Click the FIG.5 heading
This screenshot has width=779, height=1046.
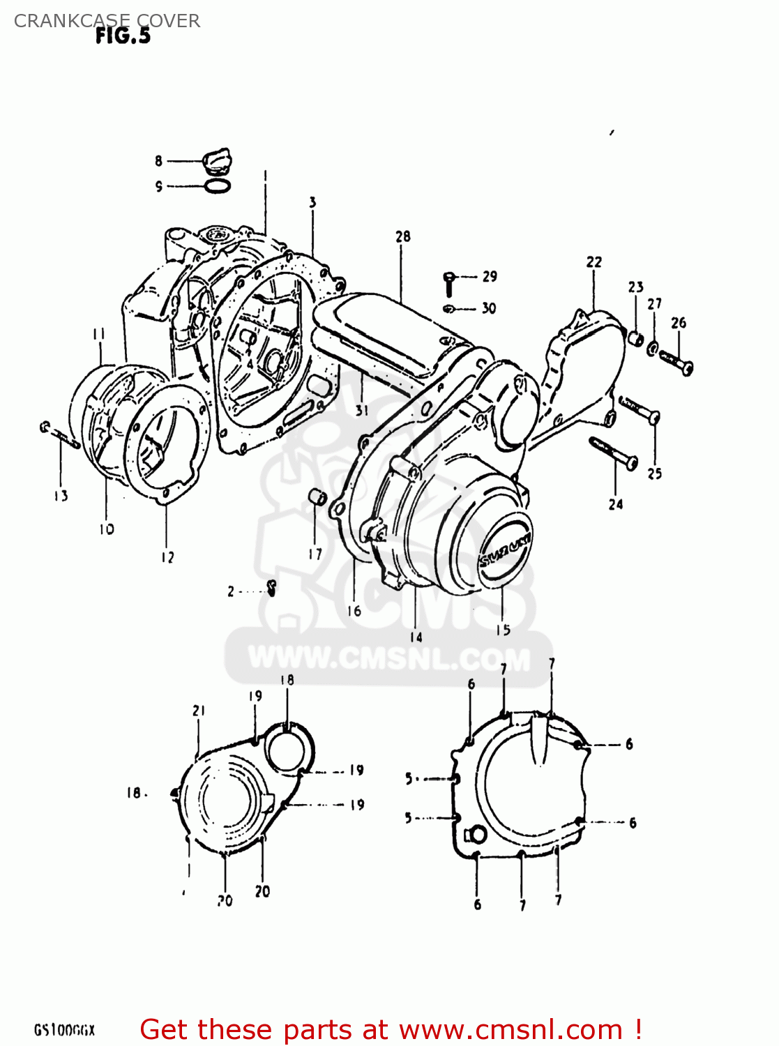coord(123,36)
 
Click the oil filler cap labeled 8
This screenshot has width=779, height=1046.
coord(216,161)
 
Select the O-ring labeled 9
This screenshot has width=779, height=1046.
coord(218,186)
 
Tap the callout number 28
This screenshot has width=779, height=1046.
coord(403,236)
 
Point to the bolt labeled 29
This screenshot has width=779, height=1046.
coord(449,282)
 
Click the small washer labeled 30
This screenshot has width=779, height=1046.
coord(449,308)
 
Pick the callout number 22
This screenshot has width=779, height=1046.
coord(593,261)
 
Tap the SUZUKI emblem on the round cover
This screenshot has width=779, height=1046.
coord(505,551)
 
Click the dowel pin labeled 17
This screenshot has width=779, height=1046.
coord(317,499)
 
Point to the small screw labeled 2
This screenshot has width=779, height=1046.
coord(272,589)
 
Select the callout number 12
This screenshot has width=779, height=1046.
coord(167,557)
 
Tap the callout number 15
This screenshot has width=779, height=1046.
coord(503,630)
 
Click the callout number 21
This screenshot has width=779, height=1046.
coord(199,710)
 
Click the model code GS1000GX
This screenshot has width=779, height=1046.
coord(64,1030)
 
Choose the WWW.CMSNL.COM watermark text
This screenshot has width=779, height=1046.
coord(389,658)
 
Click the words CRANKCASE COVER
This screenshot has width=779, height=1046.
coord(107,21)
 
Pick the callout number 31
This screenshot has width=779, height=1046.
coord(361,410)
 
